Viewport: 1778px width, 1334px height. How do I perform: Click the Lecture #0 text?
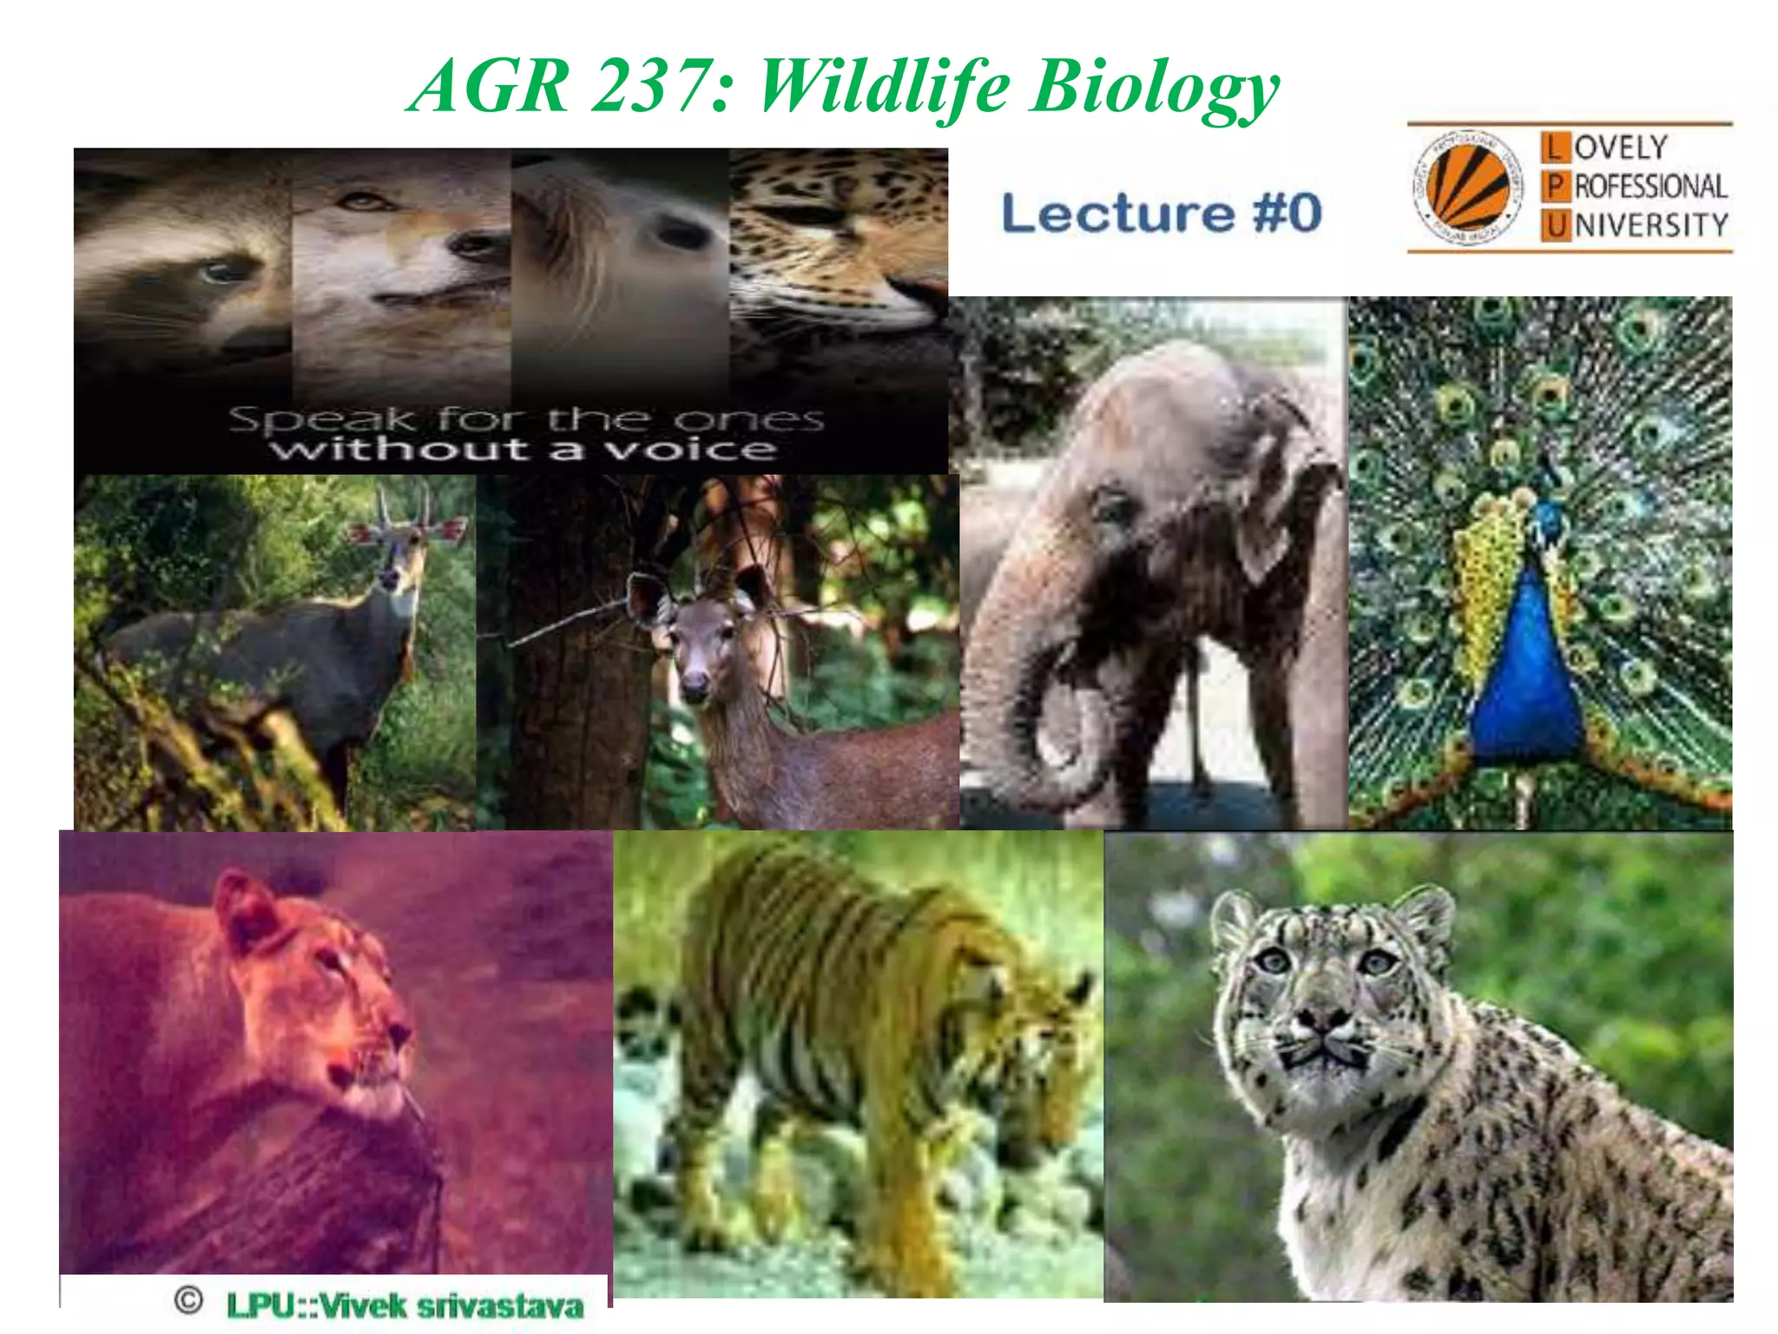point(1162,214)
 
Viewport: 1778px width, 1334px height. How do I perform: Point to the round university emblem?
point(1467,188)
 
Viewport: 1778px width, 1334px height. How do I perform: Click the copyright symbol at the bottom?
point(188,1300)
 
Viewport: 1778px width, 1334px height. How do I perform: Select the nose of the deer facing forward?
point(695,689)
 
